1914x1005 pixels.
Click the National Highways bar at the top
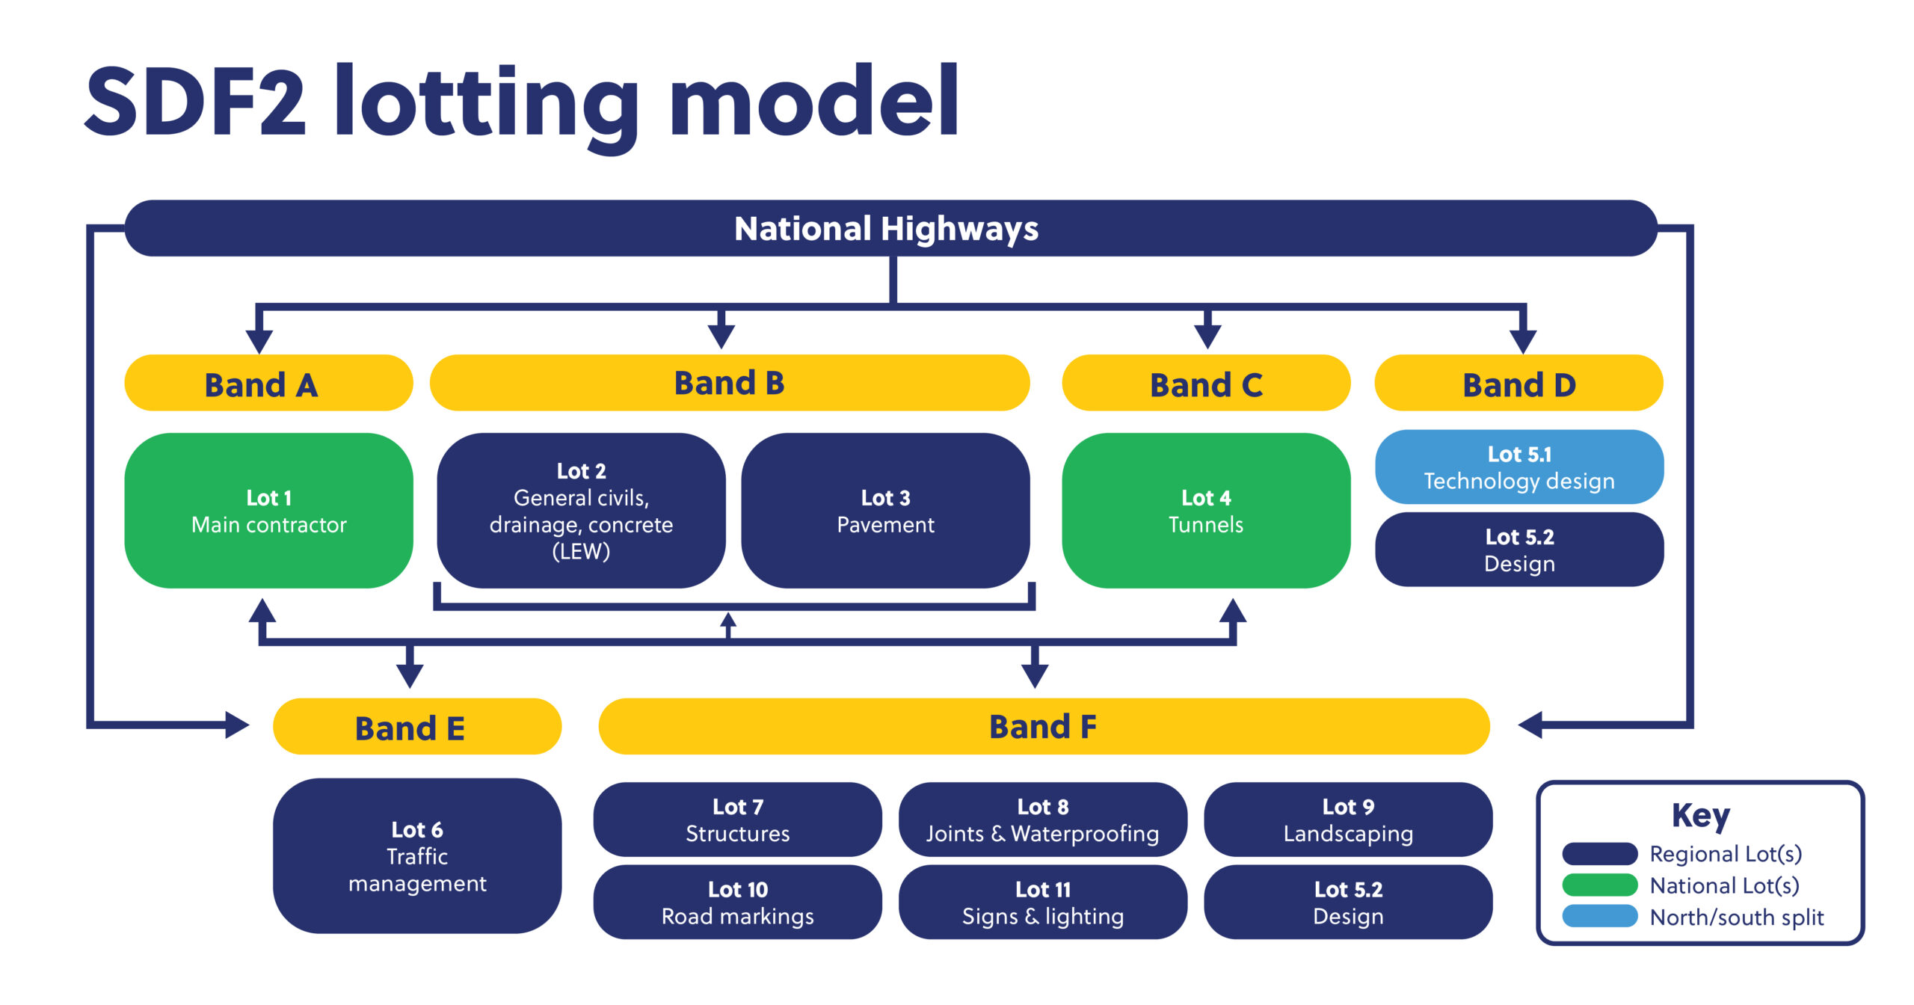[890, 228]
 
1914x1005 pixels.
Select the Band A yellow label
[268, 383]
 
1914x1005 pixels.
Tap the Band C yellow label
[1206, 383]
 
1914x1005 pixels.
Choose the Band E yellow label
[417, 726]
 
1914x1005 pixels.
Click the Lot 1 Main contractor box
[268, 511]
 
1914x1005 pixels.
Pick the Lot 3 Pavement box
[885, 511]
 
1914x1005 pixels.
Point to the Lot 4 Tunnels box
[1206, 511]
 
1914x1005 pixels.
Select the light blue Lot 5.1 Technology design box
[1519, 467]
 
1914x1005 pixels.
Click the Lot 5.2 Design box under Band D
[1519, 550]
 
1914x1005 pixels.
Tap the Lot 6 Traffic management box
[417, 855]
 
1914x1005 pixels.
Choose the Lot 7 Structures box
[737, 820]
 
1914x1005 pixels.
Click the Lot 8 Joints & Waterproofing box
[1042, 820]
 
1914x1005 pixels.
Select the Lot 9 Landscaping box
[1348, 820]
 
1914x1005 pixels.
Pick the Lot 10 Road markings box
[737, 902]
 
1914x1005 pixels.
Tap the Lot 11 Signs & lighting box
[1042, 902]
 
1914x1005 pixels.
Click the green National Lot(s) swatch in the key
[1600, 885]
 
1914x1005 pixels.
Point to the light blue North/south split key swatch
[1600, 916]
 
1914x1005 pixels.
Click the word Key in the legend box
[1701, 816]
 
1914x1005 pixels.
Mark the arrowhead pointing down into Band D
[1523, 342]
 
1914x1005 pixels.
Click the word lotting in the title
[486, 105]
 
